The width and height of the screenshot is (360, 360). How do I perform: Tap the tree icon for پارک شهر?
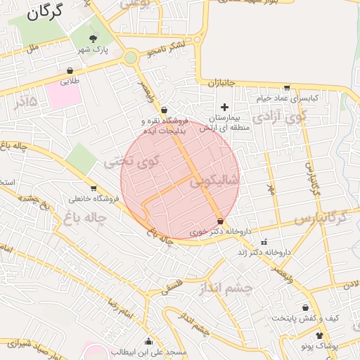[94, 38]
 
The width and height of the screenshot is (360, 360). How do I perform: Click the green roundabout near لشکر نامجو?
[131, 58]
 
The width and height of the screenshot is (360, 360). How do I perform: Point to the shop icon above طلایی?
[70, 70]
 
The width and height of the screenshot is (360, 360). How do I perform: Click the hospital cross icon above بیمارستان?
[224, 107]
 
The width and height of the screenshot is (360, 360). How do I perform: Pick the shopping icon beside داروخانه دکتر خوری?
[221, 221]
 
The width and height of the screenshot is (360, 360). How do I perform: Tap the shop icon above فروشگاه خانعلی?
[94, 188]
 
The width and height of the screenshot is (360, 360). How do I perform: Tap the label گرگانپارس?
[321, 218]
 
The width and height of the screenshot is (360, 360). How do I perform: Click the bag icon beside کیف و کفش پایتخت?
[305, 307]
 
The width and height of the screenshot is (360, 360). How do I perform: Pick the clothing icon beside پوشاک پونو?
[320, 335]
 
